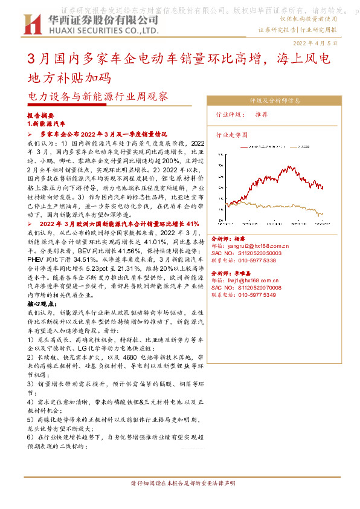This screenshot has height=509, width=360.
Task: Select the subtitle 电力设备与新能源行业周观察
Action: pos(98,97)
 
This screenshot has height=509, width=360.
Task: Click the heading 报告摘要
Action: pos(41,115)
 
